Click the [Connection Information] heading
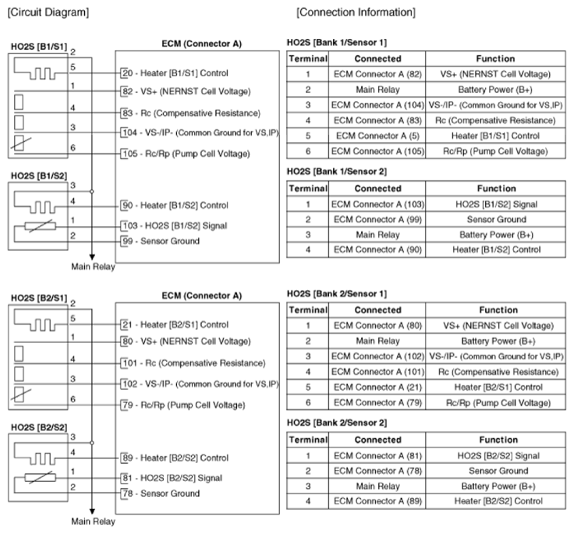tap(356, 12)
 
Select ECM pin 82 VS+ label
tap(186, 91)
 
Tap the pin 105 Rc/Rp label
tap(185, 154)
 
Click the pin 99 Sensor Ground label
tap(159, 241)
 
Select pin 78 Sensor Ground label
tap(159, 493)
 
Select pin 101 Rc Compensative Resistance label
tap(193, 362)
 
